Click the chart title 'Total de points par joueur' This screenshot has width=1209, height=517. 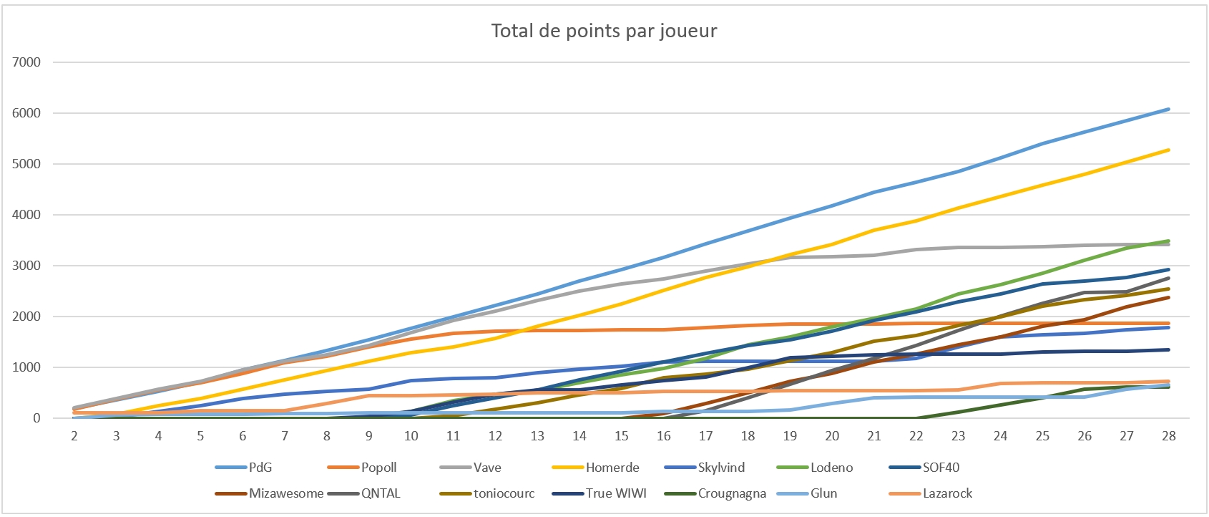click(x=604, y=31)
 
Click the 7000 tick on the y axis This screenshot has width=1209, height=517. click(x=26, y=62)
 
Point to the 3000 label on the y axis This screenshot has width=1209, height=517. click(x=26, y=266)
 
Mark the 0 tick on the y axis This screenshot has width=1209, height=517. click(x=36, y=418)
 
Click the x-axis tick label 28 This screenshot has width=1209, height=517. click(x=1168, y=436)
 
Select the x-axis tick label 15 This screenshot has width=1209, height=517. click(x=621, y=436)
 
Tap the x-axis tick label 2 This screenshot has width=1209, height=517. click(x=74, y=436)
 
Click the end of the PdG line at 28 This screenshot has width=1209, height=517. click(x=1168, y=109)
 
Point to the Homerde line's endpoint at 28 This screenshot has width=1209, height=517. click(x=1168, y=150)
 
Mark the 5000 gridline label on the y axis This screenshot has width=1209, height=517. click(x=26, y=164)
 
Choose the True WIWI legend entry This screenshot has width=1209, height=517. click(x=616, y=493)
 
